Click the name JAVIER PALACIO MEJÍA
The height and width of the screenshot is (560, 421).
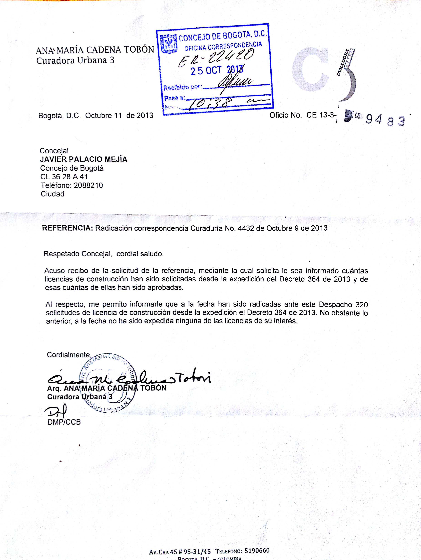click(84, 159)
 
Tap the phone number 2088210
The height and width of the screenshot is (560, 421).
click(88, 185)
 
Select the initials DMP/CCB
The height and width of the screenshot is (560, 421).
click(64, 422)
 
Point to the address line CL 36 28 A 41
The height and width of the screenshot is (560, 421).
click(64, 177)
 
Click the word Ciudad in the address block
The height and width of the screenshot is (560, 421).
click(52, 194)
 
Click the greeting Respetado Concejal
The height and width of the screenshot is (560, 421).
click(78, 254)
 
